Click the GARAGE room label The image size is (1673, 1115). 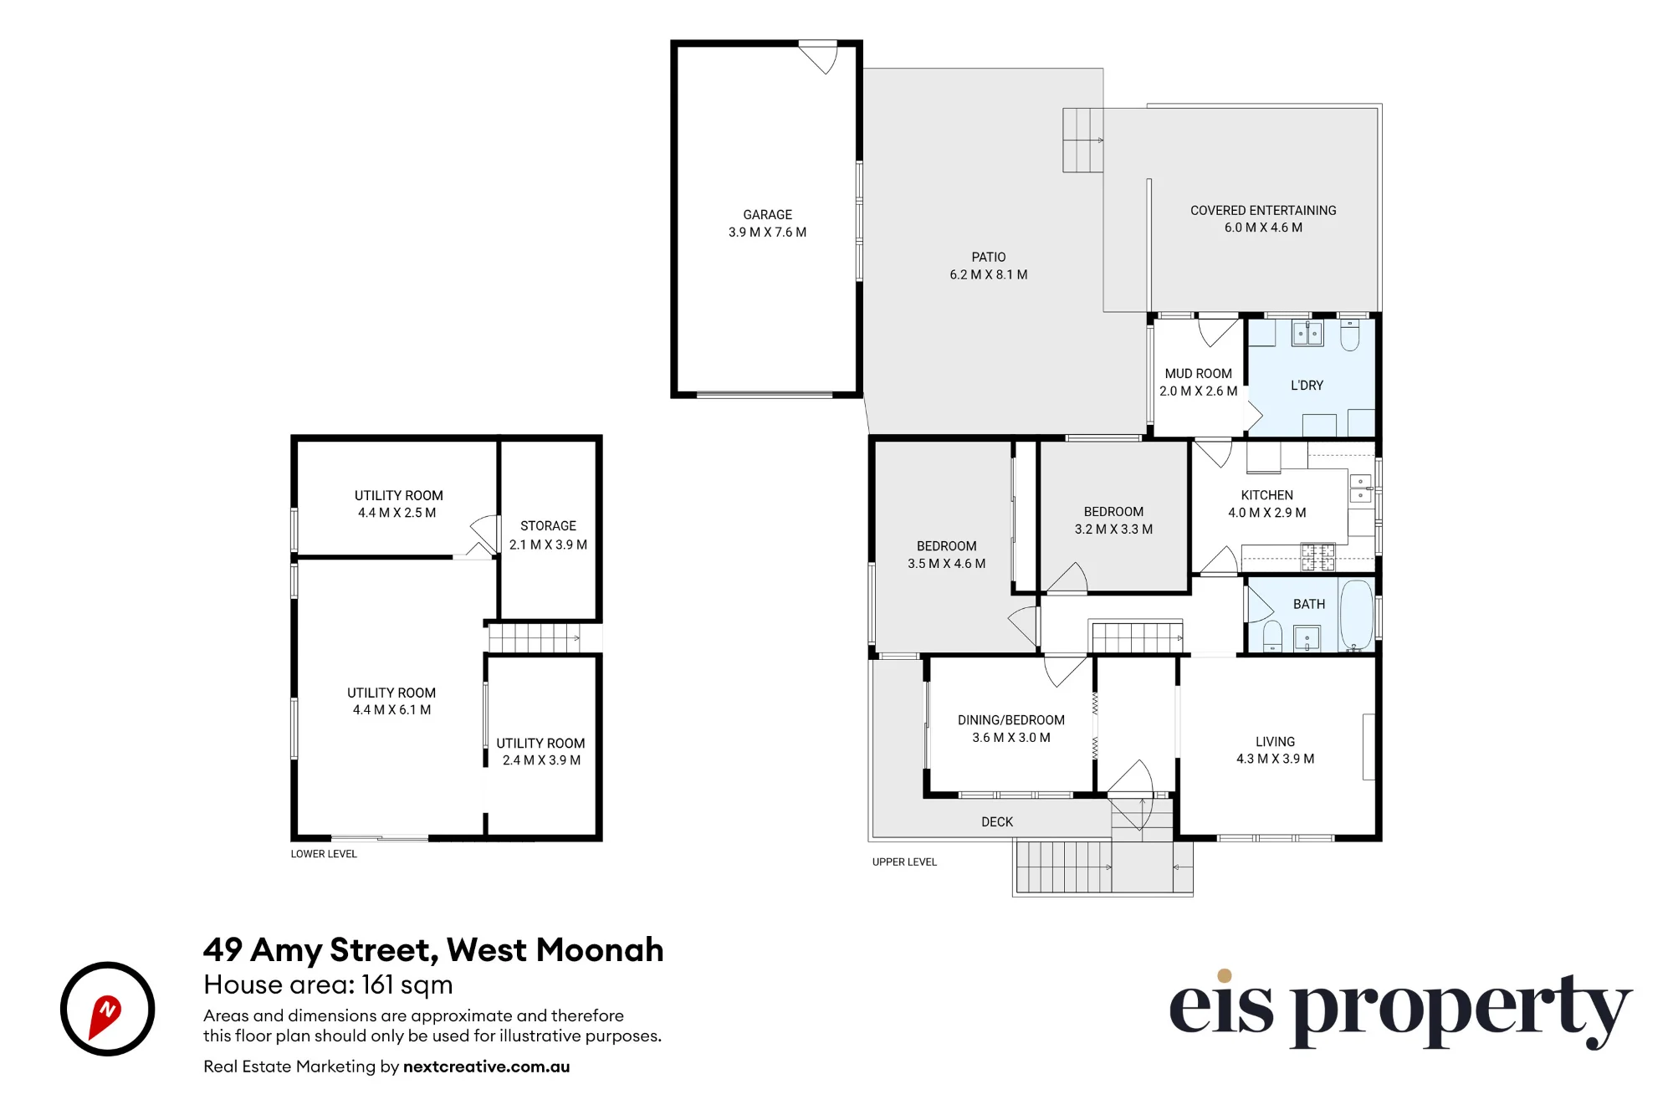(x=767, y=215)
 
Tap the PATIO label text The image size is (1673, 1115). (x=989, y=258)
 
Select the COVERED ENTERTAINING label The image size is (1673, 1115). (x=1263, y=211)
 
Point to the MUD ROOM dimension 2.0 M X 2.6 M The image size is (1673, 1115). (x=1198, y=391)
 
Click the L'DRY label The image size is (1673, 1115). (x=1307, y=386)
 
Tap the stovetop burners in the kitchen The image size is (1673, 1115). (x=1317, y=557)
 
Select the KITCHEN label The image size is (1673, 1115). (x=1266, y=495)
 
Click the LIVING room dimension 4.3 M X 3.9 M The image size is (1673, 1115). (x=1275, y=759)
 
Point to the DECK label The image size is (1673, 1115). (x=997, y=822)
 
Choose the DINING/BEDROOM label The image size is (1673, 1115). (x=1011, y=720)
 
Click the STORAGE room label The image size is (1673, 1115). (x=548, y=526)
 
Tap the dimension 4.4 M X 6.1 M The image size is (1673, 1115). (x=391, y=710)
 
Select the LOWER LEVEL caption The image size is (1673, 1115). (x=324, y=854)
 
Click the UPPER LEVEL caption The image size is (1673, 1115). (x=904, y=862)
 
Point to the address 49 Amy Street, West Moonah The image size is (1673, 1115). (x=433, y=950)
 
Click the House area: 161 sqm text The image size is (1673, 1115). (x=328, y=985)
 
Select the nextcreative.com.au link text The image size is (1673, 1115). (x=486, y=1066)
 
